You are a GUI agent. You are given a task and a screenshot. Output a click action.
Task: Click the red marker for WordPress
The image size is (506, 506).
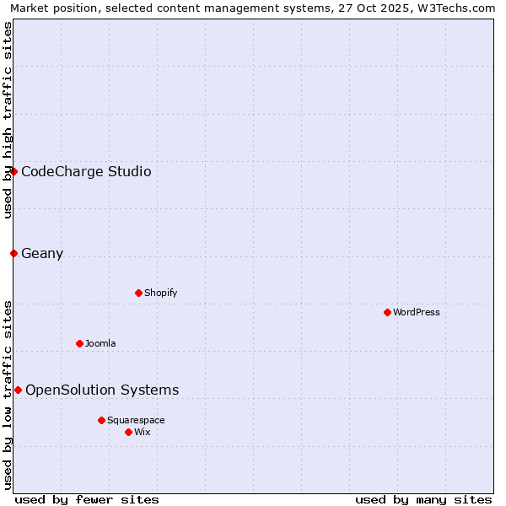(387, 312)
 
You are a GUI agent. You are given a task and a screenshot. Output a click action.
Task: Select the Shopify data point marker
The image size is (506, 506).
(138, 293)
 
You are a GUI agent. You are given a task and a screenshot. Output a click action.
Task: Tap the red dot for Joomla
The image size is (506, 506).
(79, 343)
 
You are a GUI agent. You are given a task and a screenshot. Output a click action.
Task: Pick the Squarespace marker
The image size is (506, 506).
(101, 420)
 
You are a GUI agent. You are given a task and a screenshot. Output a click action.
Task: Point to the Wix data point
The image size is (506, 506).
(128, 432)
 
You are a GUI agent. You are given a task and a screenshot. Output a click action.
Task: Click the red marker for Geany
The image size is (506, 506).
(13, 253)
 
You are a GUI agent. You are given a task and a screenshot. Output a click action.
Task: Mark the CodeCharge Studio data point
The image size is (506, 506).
(13, 171)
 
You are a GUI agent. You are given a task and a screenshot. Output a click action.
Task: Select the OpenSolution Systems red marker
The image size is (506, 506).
(18, 390)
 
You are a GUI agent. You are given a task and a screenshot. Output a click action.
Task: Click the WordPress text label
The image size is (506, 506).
(417, 312)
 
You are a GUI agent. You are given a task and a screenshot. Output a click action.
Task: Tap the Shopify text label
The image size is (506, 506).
(160, 293)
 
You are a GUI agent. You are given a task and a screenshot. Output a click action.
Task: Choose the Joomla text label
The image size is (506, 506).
(100, 343)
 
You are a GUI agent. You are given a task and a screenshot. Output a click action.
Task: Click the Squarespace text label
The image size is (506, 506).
(136, 420)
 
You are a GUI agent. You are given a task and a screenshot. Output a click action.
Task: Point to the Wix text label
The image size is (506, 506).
(142, 432)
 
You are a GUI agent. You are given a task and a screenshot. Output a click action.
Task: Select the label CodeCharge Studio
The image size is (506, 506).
(86, 172)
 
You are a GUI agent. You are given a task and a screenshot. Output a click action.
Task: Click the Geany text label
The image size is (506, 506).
(42, 254)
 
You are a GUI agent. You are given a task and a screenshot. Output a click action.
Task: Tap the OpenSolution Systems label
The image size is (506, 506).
(102, 390)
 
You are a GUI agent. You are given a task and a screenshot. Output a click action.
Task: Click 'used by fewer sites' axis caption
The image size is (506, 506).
(87, 499)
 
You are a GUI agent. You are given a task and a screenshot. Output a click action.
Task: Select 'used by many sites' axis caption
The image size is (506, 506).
(423, 499)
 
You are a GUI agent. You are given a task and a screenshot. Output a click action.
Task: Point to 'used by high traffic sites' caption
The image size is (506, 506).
(8, 120)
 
